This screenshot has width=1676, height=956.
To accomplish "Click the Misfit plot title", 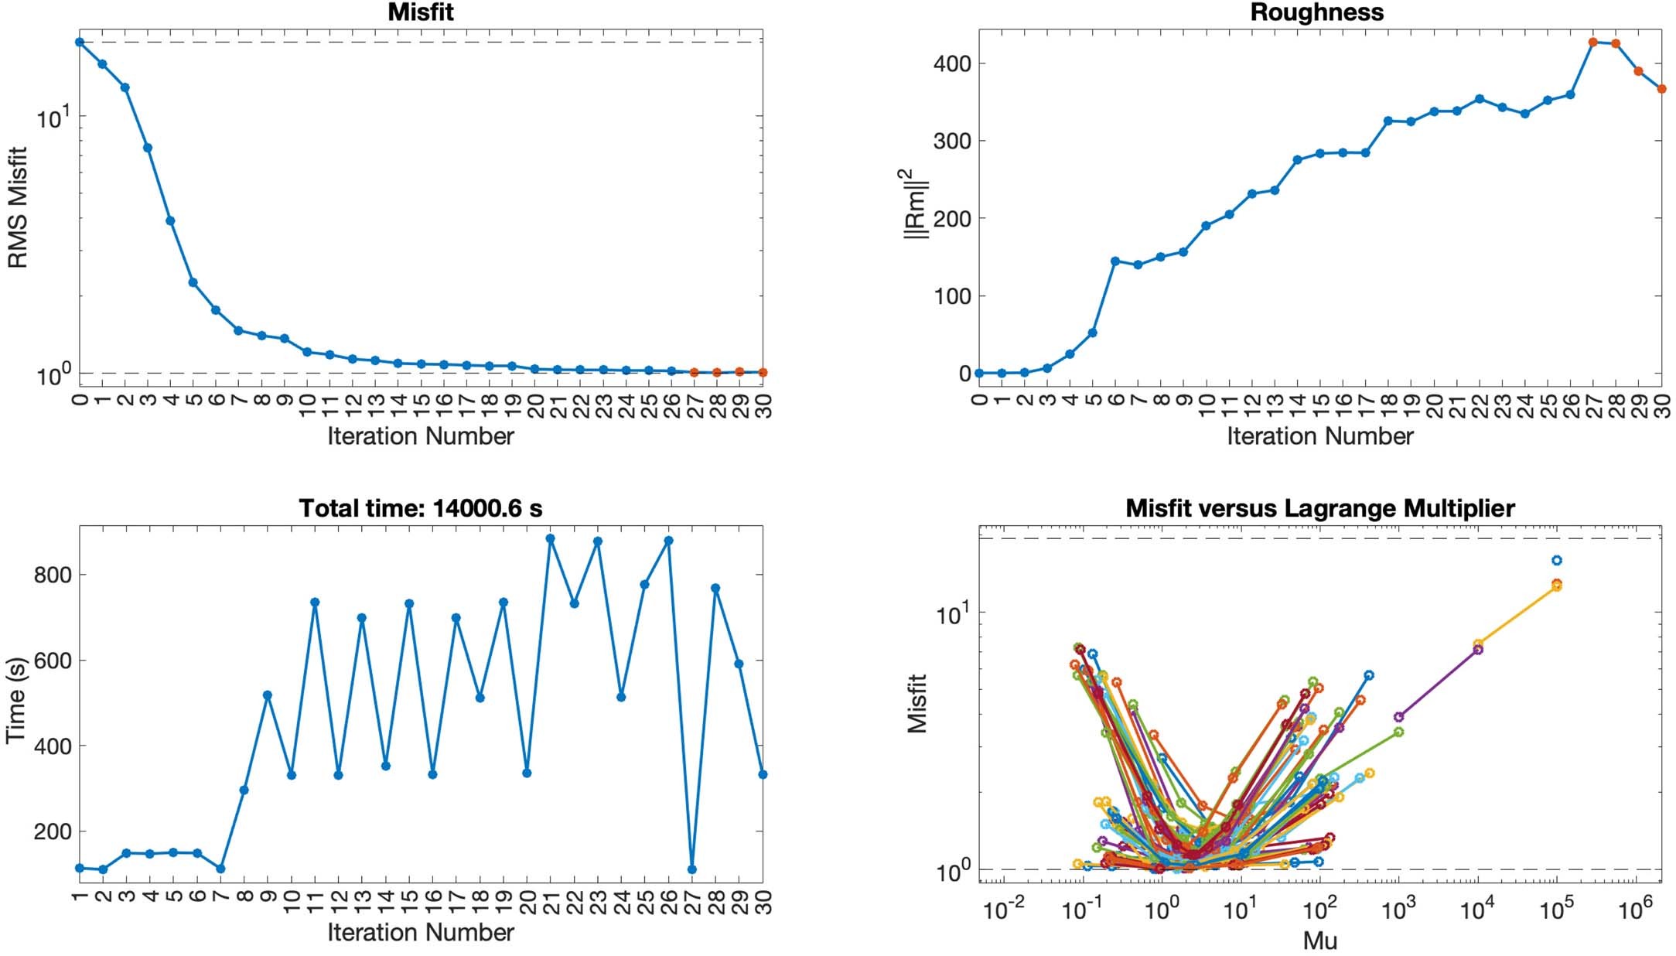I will (421, 12).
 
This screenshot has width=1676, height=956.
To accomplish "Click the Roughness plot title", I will (1316, 12).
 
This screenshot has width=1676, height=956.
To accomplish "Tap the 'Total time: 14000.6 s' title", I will (421, 508).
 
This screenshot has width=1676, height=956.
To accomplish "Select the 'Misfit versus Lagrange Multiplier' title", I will (1319, 508).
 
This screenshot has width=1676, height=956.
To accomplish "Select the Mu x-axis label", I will (1319, 941).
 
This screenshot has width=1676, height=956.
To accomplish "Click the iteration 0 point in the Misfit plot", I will (80, 42).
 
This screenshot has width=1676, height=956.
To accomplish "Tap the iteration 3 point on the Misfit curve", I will (148, 148).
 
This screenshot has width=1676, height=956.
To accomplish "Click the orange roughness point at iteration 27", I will (1592, 43).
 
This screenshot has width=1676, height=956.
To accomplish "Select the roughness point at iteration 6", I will (1115, 261).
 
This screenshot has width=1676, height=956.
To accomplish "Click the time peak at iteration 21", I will (551, 538).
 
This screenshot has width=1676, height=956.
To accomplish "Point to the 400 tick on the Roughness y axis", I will (951, 63).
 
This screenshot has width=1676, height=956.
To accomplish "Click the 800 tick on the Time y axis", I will (53, 575).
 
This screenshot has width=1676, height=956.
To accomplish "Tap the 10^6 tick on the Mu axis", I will (1634, 910).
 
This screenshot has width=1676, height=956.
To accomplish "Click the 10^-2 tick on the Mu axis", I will (1003, 910).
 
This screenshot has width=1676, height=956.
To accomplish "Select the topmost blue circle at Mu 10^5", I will (1557, 561).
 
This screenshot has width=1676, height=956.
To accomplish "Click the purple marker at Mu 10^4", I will (1478, 650).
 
